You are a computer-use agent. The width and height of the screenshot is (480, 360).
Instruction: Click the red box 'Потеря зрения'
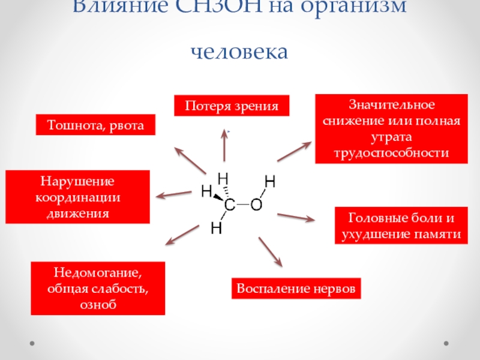tap(232, 106)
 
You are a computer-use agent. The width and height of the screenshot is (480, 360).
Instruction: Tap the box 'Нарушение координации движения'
tap(77, 197)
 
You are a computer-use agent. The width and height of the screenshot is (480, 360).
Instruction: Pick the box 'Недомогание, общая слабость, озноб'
tap(97, 289)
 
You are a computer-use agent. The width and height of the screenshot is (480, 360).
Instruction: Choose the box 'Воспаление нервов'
tap(296, 289)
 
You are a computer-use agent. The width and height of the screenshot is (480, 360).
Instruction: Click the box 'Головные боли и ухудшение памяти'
tap(400, 225)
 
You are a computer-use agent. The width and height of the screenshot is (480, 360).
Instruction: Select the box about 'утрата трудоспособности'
tap(391, 129)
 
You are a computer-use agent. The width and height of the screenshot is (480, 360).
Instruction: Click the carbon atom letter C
tap(229, 206)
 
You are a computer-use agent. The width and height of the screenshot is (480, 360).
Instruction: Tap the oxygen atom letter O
tap(256, 205)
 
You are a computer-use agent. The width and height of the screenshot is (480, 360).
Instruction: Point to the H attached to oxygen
tap(270, 181)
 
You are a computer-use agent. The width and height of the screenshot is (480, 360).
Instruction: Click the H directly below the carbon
tap(217, 228)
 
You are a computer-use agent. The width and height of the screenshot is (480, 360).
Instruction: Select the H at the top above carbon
tap(223, 179)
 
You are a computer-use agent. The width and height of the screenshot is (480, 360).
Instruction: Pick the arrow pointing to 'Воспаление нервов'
tap(270, 251)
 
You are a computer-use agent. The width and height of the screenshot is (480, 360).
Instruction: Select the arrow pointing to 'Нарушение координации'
tap(173, 194)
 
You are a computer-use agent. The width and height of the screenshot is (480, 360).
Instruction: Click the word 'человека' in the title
tap(239, 51)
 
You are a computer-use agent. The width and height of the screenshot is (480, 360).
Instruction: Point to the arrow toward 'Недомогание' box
tap(182, 234)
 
